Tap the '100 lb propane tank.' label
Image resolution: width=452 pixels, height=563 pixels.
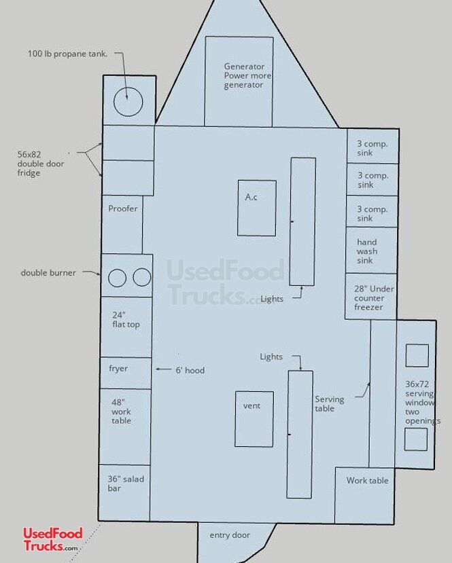point(67,54)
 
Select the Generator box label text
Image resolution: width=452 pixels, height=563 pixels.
point(247,76)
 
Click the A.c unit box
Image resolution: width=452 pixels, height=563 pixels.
point(256,208)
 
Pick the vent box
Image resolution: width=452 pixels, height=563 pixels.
point(254,419)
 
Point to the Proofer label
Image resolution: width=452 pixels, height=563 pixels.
point(123,208)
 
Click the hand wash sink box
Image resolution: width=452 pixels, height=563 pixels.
point(371,251)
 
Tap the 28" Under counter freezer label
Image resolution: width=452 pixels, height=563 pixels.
point(374,297)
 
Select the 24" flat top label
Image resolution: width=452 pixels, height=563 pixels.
point(126,320)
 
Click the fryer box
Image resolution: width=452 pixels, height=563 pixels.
point(125,373)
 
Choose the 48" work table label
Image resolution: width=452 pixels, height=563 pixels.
point(121,412)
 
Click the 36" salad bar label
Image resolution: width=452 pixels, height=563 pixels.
point(125,484)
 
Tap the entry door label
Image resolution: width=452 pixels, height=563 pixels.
point(230,535)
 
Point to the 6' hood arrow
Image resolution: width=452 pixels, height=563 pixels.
point(163,369)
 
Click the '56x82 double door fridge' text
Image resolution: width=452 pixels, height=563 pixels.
point(41,164)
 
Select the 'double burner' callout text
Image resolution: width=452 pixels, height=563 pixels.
point(48,273)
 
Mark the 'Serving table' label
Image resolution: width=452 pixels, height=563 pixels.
point(329,403)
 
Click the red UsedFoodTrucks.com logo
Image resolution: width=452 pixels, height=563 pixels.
point(53,539)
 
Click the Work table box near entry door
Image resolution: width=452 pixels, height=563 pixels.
point(365,496)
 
